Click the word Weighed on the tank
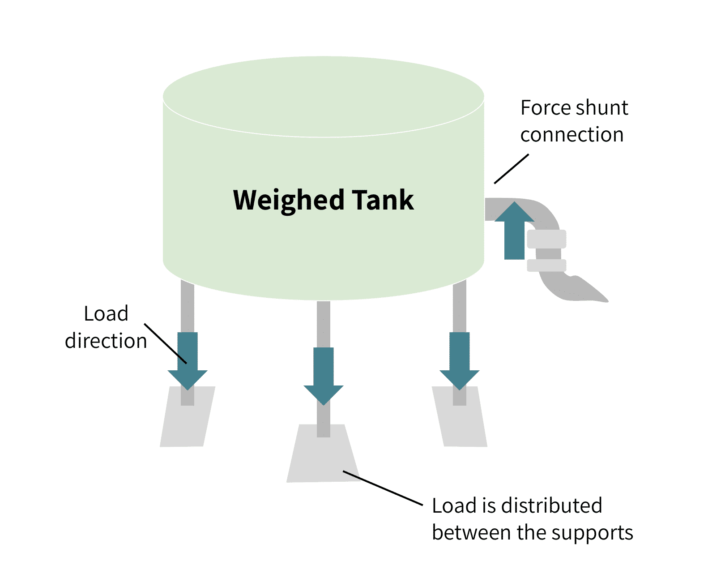(289, 201)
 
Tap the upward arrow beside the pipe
(514, 230)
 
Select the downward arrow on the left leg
(188, 361)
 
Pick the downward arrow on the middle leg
(323, 377)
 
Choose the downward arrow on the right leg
(460, 361)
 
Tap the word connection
(572, 135)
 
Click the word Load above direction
(106, 314)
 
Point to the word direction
(106, 341)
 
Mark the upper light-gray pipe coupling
(546, 239)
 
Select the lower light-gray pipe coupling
(546, 266)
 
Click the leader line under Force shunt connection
(512, 169)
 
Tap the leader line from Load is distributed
(383, 488)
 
